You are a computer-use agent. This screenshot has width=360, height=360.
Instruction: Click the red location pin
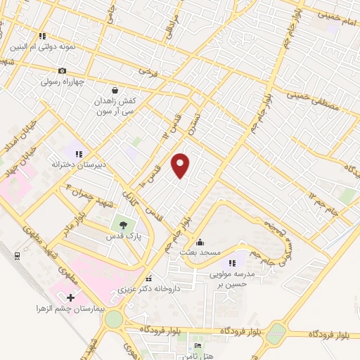181,165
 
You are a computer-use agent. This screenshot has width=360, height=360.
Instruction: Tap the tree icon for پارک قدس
124,225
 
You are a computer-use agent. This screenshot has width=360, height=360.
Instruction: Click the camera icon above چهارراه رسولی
63,70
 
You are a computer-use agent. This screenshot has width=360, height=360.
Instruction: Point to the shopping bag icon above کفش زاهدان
115,90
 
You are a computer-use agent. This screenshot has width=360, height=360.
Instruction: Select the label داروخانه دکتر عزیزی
148,288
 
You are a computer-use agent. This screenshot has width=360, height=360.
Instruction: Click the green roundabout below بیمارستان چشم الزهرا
112,320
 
